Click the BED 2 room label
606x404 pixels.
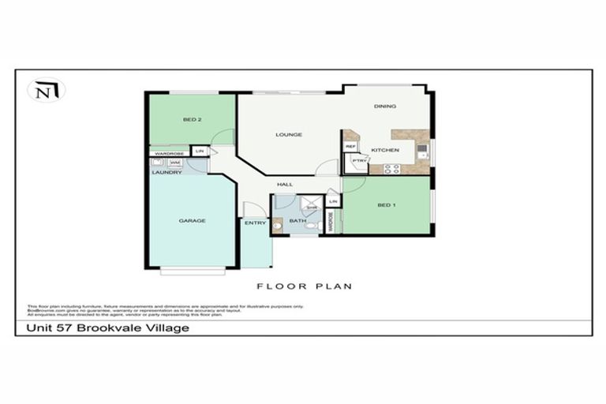[193, 120]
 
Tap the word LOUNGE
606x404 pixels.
[289, 135]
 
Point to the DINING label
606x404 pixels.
[385, 107]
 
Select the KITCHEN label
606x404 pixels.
[385, 150]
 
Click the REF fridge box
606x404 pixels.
[351, 147]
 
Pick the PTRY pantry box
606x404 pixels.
[357, 161]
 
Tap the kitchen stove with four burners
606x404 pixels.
[391, 168]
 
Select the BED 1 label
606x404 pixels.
[386, 206]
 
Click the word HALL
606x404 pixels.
[285, 185]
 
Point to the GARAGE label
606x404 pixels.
[192, 221]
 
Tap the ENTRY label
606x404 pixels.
[255, 223]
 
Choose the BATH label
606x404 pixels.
[297, 221]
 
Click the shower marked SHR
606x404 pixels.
[312, 207]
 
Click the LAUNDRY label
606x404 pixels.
[167, 172]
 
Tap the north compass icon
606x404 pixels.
[46, 91]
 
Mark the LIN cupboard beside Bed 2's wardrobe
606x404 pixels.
[200, 151]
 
